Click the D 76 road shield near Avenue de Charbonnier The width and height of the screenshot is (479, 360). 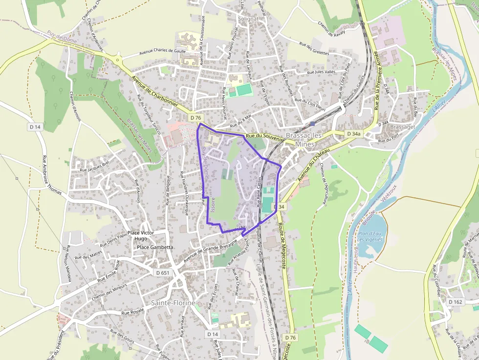pyautogui.click(x=196, y=118)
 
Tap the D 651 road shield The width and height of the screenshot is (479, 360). pyautogui.click(x=163, y=272)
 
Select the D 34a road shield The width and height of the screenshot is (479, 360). pyautogui.click(x=353, y=133)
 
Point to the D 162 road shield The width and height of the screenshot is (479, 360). pyautogui.click(x=455, y=302)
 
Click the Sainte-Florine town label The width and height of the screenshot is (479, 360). pyautogui.click(x=173, y=303)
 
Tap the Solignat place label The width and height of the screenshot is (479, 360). pyautogui.click(x=248, y=19)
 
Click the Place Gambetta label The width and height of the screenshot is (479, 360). pyautogui.click(x=155, y=247)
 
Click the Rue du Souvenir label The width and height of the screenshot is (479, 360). pyautogui.click(x=264, y=137)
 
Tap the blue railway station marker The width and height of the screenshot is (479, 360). pyautogui.click(x=312, y=124)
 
